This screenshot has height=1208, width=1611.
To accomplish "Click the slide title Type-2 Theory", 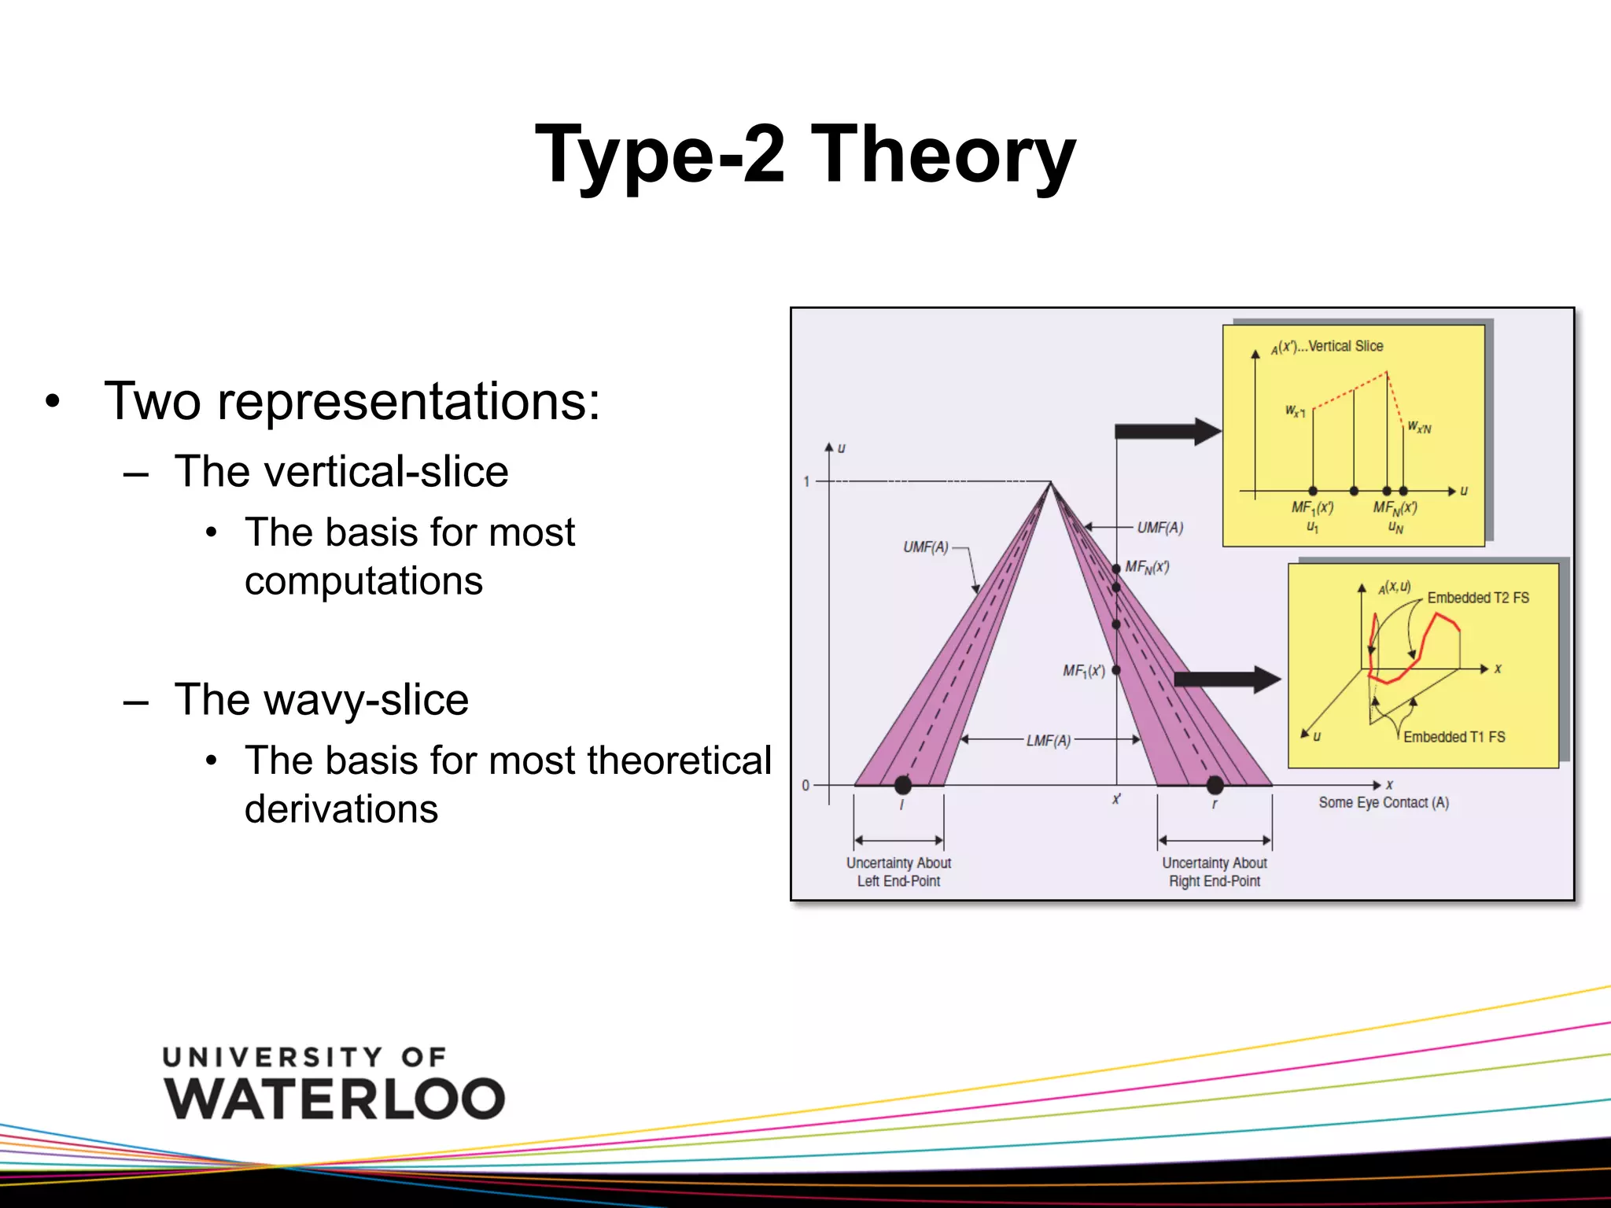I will click(x=805, y=155).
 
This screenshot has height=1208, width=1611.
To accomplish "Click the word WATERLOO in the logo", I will click(x=334, y=1098).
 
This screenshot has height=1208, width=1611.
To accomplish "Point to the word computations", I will click(x=363, y=582).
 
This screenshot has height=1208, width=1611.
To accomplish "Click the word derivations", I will click(x=341, y=809).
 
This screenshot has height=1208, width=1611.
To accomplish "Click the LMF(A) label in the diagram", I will click(x=1049, y=741).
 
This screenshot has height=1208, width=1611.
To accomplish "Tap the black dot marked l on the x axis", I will click(x=903, y=784).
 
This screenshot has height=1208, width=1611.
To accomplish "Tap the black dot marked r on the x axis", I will click(x=1215, y=784).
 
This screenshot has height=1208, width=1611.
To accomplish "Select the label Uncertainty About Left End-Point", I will click(x=898, y=872).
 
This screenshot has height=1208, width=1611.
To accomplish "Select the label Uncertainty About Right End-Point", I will click(x=1215, y=872).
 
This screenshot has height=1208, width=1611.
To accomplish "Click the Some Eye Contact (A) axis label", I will click(x=1384, y=803).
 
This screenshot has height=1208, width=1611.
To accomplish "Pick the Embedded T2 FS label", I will click(x=1478, y=598).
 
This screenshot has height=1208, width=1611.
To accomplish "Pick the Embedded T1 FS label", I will click(x=1454, y=737).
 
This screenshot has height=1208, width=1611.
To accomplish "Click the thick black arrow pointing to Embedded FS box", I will click(x=1227, y=679).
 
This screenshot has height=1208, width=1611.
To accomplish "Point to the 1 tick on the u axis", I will click(x=806, y=481).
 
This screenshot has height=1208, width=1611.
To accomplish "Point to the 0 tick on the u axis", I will click(x=805, y=785).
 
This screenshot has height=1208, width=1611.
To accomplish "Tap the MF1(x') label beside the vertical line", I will click(x=1084, y=671).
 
